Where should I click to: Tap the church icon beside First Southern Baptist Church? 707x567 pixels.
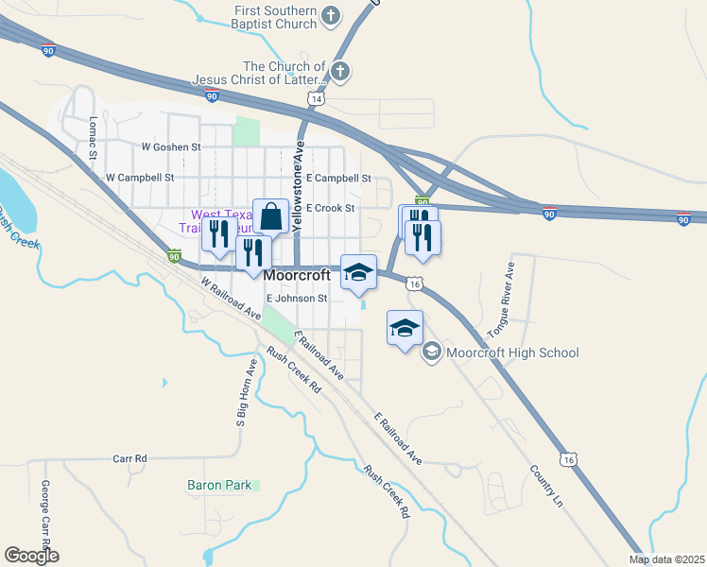(331, 15)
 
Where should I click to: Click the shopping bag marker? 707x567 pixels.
(270, 216)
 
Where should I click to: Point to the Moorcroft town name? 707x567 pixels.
(297, 276)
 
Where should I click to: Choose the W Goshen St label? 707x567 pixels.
(171, 147)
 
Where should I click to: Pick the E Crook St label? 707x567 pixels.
(329, 208)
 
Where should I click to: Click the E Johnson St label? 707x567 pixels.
(296, 298)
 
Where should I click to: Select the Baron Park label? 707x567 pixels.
(218, 485)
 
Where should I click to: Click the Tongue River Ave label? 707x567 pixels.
(501, 301)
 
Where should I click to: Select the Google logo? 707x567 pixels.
(31, 556)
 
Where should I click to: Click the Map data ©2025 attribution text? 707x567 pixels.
(665, 559)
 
